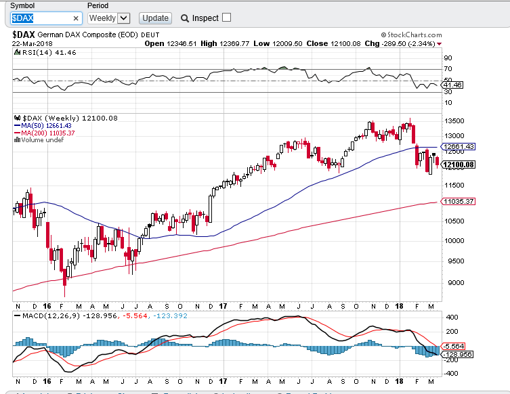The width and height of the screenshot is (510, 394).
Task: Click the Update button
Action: (155, 18)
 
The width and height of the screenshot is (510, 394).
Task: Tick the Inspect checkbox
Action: (226, 18)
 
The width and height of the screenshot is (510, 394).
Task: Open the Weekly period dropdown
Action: (108, 18)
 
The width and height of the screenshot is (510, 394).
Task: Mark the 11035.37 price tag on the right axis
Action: (457, 201)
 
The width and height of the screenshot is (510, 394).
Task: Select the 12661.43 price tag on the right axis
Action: (457, 146)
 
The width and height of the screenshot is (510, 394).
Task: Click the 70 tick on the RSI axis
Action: (448, 69)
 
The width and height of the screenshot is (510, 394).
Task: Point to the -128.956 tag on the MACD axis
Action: (455, 354)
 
